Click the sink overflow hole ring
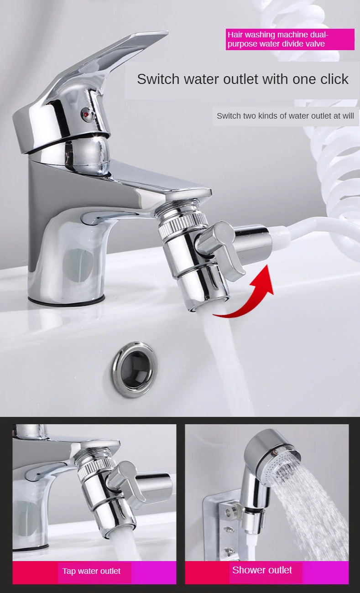point(135,369)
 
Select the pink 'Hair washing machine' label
point(290,39)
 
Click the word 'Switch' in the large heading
point(158,79)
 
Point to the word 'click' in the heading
point(334,79)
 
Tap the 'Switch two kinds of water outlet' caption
point(285,116)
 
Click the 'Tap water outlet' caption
point(91,571)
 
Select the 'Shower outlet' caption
point(262,570)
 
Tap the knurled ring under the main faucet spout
point(183,225)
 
